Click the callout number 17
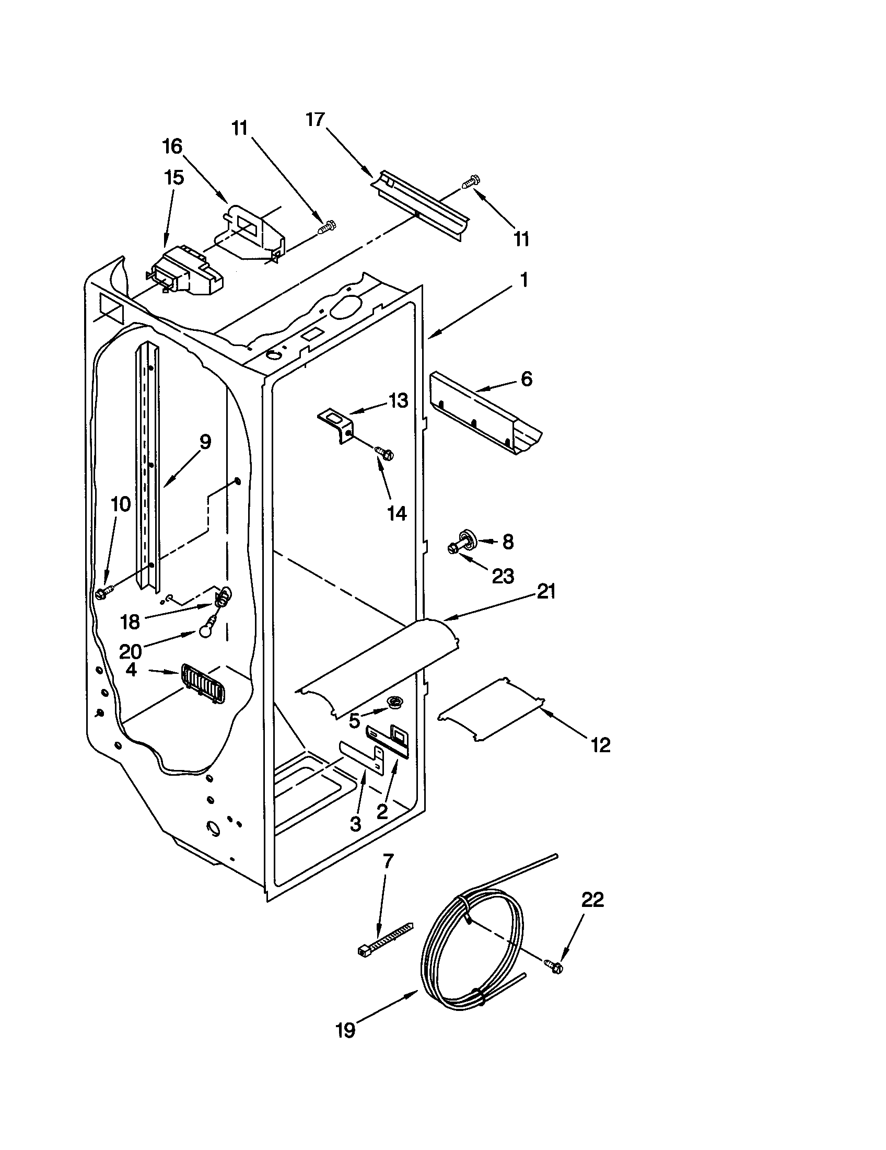tap(316, 120)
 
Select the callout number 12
tap(600, 744)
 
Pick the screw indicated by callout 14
tap(384, 453)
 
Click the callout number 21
tap(545, 592)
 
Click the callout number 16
tap(172, 146)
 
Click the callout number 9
tap(205, 442)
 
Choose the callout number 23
tap(503, 576)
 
